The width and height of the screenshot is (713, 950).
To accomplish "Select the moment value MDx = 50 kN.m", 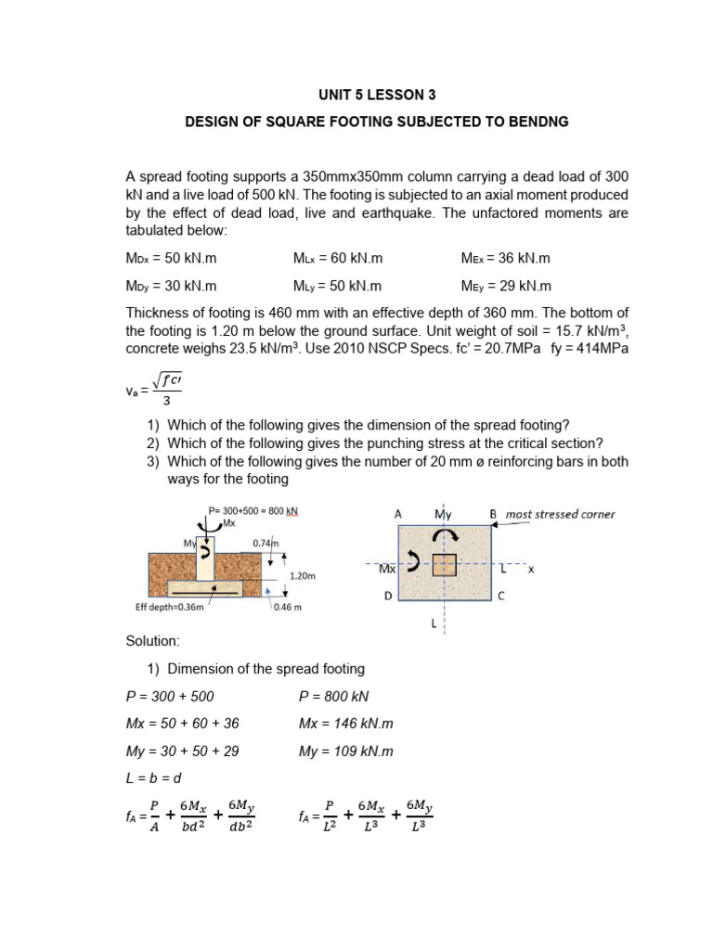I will pyautogui.click(x=171, y=259).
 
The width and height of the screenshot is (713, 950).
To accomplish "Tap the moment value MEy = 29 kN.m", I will pyautogui.click(x=506, y=287).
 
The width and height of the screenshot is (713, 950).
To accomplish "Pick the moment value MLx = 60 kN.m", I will pyautogui.click(x=338, y=259).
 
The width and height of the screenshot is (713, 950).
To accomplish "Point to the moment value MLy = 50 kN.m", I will pyautogui.click(x=338, y=287).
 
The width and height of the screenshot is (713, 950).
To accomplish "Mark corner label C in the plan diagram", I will pyautogui.click(x=501, y=597).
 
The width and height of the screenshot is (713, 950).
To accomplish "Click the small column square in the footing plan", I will pyautogui.click(x=445, y=565).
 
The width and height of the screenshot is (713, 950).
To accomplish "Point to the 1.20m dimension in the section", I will pyautogui.click(x=304, y=575).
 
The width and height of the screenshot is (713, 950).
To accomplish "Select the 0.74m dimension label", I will pyautogui.click(x=266, y=543).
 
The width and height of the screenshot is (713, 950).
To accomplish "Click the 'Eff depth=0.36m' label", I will pyautogui.click(x=170, y=609).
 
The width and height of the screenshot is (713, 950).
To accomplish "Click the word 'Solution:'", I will pyautogui.click(x=152, y=641).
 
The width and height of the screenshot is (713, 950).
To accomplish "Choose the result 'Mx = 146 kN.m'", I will pyautogui.click(x=346, y=724).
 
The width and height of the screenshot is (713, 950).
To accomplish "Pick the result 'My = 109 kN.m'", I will pyautogui.click(x=346, y=751).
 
